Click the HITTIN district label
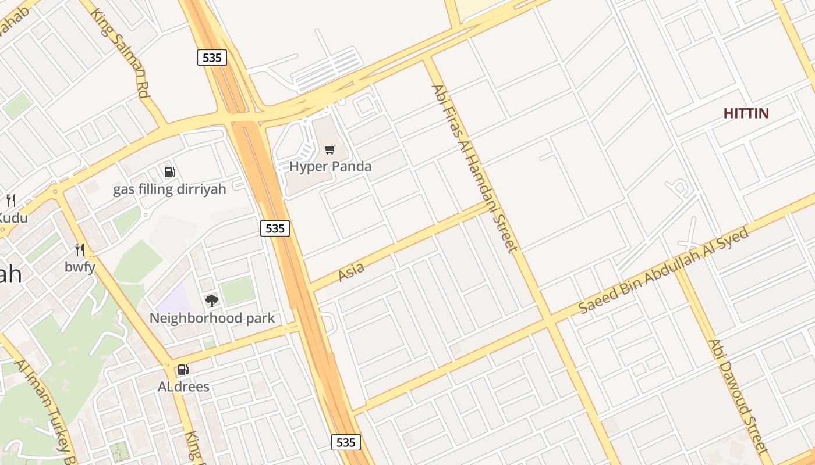click(746, 113)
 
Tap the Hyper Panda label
click(330, 166)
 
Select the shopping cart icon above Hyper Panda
click(330, 150)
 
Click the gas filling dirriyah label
click(169, 189)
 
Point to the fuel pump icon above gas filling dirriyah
click(170, 171)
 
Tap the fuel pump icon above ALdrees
click(183, 369)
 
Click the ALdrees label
click(183, 387)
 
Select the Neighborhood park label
click(212, 318)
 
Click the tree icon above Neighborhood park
click(212, 301)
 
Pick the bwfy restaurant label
click(80, 267)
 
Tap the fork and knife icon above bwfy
click(80, 250)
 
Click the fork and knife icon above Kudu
click(11, 201)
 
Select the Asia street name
click(352, 271)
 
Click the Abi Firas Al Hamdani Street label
click(474, 169)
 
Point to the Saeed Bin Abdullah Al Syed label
click(663, 270)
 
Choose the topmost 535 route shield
click(211, 58)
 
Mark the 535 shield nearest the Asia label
click(275, 228)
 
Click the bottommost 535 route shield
click(346, 442)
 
